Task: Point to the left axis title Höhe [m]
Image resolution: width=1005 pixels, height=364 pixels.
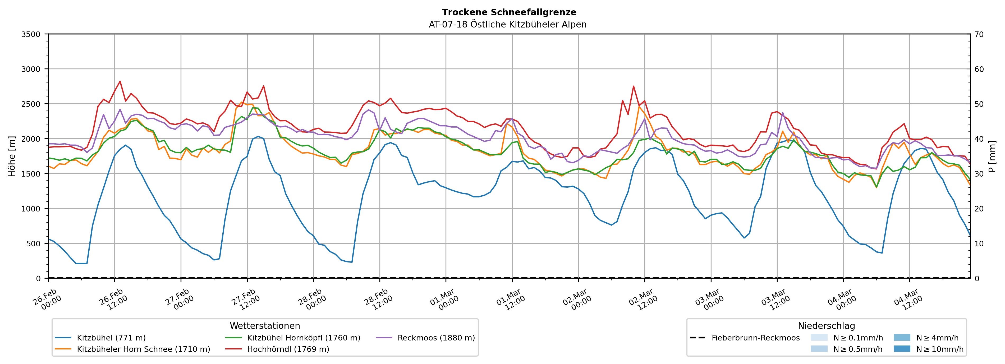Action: (12, 156)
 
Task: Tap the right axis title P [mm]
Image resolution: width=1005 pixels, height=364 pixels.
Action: (992, 156)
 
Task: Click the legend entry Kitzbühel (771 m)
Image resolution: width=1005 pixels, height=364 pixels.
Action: (111, 338)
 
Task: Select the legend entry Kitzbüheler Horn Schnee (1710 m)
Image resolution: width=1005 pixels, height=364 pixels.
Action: (143, 349)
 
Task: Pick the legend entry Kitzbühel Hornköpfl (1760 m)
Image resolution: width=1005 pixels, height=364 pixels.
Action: (304, 338)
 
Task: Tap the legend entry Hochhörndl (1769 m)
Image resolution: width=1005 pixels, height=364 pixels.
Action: (288, 349)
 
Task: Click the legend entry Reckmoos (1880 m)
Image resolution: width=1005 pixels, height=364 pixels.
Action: (436, 338)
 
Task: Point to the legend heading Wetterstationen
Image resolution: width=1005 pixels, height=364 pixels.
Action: (265, 326)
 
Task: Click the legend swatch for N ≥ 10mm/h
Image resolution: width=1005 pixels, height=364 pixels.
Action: (902, 349)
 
